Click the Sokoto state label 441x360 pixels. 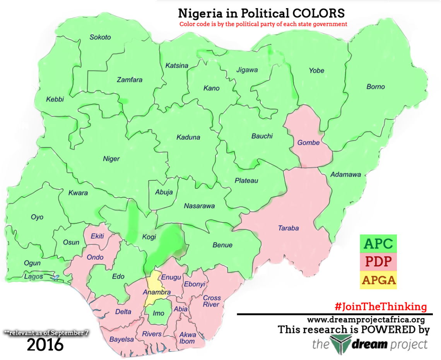(x=100, y=37)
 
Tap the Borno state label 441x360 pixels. (x=376, y=87)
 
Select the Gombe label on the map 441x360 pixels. (x=308, y=142)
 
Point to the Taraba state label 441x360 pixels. (x=288, y=228)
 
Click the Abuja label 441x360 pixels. (x=164, y=192)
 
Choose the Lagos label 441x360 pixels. (x=34, y=277)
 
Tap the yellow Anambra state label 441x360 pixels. (x=157, y=292)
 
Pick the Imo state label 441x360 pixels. (x=159, y=313)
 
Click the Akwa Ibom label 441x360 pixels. (x=187, y=338)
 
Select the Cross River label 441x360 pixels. (x=212, y=301)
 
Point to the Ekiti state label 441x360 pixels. (x=97, y=236)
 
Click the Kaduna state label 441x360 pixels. (x=188, y=137)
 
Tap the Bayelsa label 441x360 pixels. (x=121, y=339)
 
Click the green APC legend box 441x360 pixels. (x=378, y=243)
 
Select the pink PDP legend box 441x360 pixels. (x=378, y=262)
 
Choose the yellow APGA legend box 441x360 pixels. (x=378, y=280)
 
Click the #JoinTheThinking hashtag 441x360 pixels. (x=381, y=307)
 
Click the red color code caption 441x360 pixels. (x=263, y=24)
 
